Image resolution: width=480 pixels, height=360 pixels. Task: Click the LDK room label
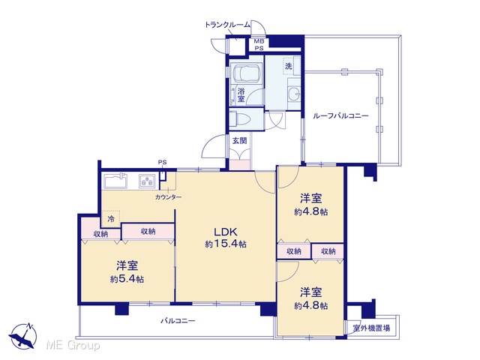pos(226,231)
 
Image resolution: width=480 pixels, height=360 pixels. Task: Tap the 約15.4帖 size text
pos(226,244)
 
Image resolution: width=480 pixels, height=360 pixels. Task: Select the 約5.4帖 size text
pos(127,279)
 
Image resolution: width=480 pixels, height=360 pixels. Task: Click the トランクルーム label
pos(227,25)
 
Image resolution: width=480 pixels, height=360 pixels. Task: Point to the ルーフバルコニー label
pos(340,116)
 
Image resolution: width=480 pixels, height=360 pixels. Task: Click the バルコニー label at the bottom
pos(178,321)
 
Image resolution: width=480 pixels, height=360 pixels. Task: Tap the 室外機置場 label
pos(371,328)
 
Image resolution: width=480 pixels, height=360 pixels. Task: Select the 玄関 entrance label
pos(239,141)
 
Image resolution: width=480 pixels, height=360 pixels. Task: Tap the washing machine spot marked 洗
pos(288,66)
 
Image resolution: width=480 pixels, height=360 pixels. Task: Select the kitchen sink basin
pos(115,181)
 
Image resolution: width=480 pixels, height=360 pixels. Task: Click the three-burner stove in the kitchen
pos(147,181)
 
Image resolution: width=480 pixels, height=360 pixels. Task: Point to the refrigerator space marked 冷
pos(111,219)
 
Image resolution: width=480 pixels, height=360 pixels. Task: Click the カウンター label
pos(168,197)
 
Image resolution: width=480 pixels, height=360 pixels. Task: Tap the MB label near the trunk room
pos(259,41)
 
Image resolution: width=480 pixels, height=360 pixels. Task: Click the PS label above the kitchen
pos(163,163)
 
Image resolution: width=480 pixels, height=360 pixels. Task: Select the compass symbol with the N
pos(23,336)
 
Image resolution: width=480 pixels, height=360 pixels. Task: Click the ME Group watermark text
pos(73,345)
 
